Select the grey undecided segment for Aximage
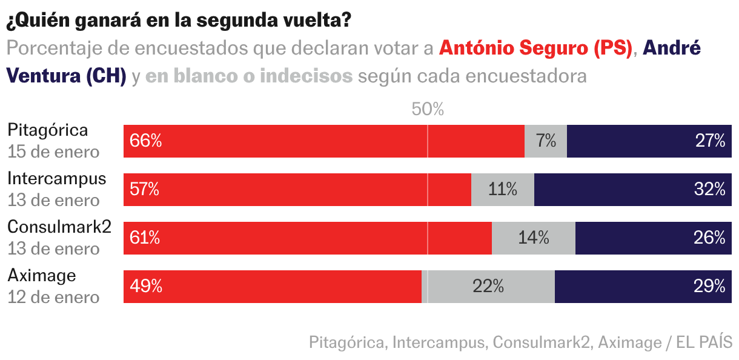488,287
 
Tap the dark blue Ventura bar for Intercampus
633,190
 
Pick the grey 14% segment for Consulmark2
534,238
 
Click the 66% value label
145,141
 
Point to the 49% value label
145,287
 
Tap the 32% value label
709,190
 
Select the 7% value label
546,141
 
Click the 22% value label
488,287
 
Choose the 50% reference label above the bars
428,110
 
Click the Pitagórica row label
47,130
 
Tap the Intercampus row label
56,179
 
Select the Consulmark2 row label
59,227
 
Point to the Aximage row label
42,276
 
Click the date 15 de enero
53,152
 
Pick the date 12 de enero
53,297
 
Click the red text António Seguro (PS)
535,48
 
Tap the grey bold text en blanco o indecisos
249,76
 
